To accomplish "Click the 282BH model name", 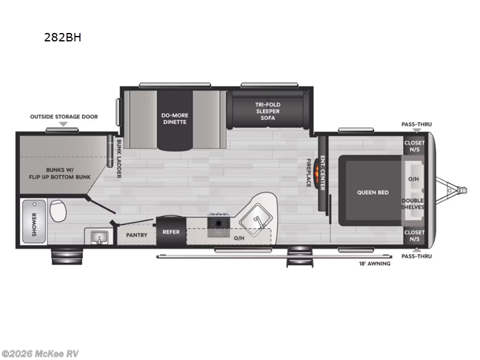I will [x=62, y=37].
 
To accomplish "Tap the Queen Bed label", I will [x=373, y=192].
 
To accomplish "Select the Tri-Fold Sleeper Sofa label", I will [x=268, y=112].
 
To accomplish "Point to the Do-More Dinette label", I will [x=174, y=118].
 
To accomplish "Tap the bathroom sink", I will [x=97, y=238].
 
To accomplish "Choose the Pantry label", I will [x=137, y=235].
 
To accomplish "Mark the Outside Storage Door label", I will [x=64, y=116].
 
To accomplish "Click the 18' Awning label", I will [x=374, y=263].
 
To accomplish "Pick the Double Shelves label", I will [x=413, y=203].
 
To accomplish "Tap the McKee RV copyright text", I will [x=40, y=353].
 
